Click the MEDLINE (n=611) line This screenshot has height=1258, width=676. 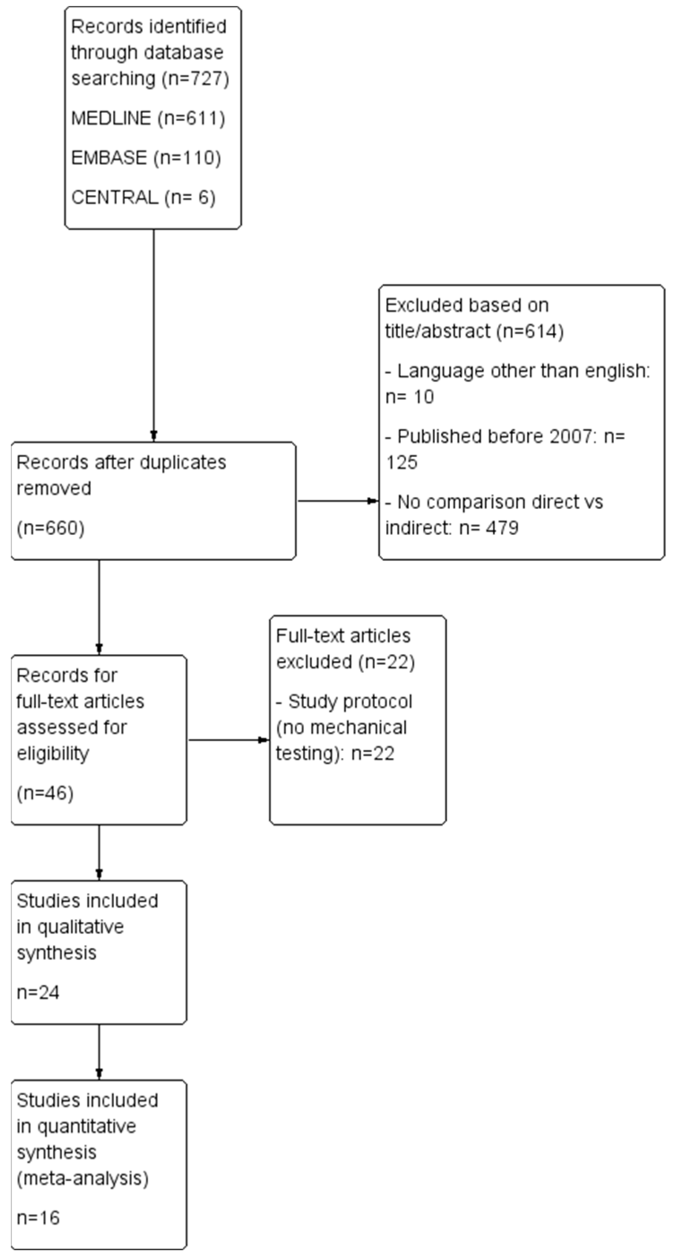(x=148, y=118)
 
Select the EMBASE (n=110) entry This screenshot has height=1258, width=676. (x=146, y=158)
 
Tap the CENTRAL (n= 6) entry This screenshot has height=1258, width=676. (x=143, y=197)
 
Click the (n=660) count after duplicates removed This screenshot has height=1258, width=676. (x=50, y=528)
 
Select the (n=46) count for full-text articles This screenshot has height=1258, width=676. (x=45, y=793)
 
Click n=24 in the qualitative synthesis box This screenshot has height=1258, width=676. (x=38, y=992)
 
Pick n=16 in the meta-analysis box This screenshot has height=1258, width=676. (x=38, y=1218)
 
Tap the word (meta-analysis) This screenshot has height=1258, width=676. (x=82, y=1178)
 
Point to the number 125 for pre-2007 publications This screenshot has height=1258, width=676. (x=401, y=462)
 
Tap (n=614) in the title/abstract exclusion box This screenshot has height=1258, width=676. (x=530, y=331)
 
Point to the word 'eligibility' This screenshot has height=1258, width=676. (x=53, y=754)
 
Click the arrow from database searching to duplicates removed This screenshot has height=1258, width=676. (x=154, y=335)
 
